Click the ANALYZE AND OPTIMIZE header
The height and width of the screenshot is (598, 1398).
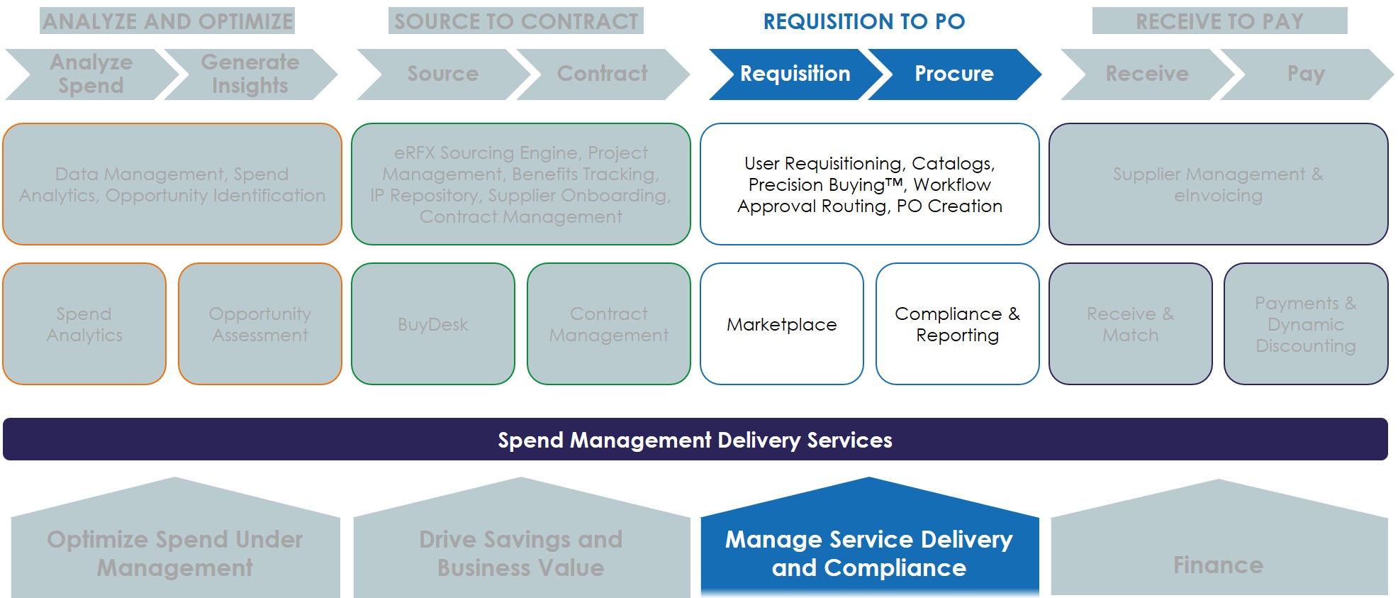167,21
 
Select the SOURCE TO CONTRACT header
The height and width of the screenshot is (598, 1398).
515,21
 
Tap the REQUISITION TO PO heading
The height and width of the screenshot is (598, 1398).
863,21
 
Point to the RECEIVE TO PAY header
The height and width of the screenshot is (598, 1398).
1219,21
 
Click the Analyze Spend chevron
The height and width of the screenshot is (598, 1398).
91,74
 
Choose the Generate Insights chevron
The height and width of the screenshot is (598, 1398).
250,74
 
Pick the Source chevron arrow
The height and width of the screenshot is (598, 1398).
442,74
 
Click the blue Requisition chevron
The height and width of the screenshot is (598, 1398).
795,74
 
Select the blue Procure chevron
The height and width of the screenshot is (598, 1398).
954,74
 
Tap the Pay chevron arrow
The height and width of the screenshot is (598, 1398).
1305,74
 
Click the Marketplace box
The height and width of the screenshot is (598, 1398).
781,324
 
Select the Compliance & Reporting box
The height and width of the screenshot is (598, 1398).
957,324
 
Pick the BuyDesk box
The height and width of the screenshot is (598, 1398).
432,324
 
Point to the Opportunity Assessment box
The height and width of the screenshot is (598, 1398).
259,324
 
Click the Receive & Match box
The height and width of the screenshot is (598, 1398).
1130,324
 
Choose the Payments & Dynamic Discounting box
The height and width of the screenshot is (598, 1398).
1305,324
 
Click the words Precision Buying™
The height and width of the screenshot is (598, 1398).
826,185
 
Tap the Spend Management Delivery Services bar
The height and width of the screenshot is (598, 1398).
695,440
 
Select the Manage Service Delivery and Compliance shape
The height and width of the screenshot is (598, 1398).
869,553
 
